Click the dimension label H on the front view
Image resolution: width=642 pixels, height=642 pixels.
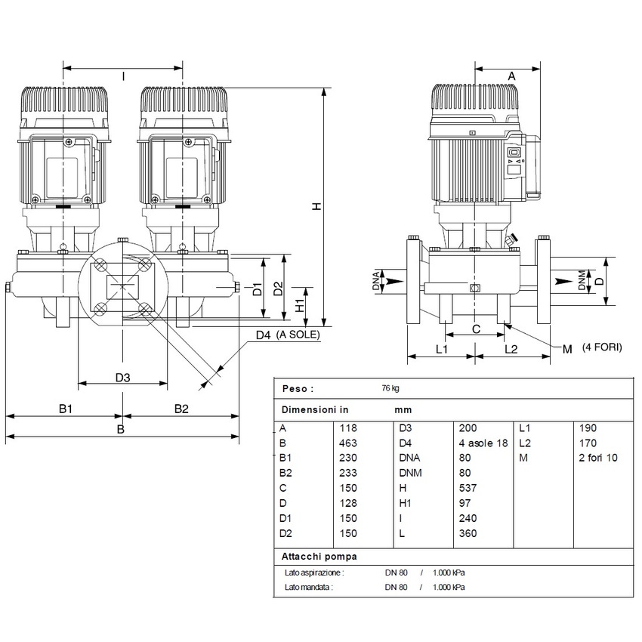(317, 205)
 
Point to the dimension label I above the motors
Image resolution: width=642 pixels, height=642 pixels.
(122, 76)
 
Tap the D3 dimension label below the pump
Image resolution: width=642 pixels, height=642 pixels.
(122, 377)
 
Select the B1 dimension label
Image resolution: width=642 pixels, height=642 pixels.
(66, 409)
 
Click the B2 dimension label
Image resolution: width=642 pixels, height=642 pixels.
(181, 409)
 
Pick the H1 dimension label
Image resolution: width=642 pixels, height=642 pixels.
(301, 304)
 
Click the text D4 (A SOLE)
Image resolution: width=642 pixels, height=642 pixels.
(288, 334)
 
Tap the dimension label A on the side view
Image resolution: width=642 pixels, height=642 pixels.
(511, 76)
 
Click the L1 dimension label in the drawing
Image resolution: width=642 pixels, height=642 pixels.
(442, 349)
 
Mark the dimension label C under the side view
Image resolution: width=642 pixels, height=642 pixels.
(475, 329)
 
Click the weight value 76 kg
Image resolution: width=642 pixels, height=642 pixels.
(390, 389)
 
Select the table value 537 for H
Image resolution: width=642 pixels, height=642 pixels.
(468, 488)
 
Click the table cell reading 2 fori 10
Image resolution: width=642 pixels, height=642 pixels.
(597, 458)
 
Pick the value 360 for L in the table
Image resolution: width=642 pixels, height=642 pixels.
(468, 533)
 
